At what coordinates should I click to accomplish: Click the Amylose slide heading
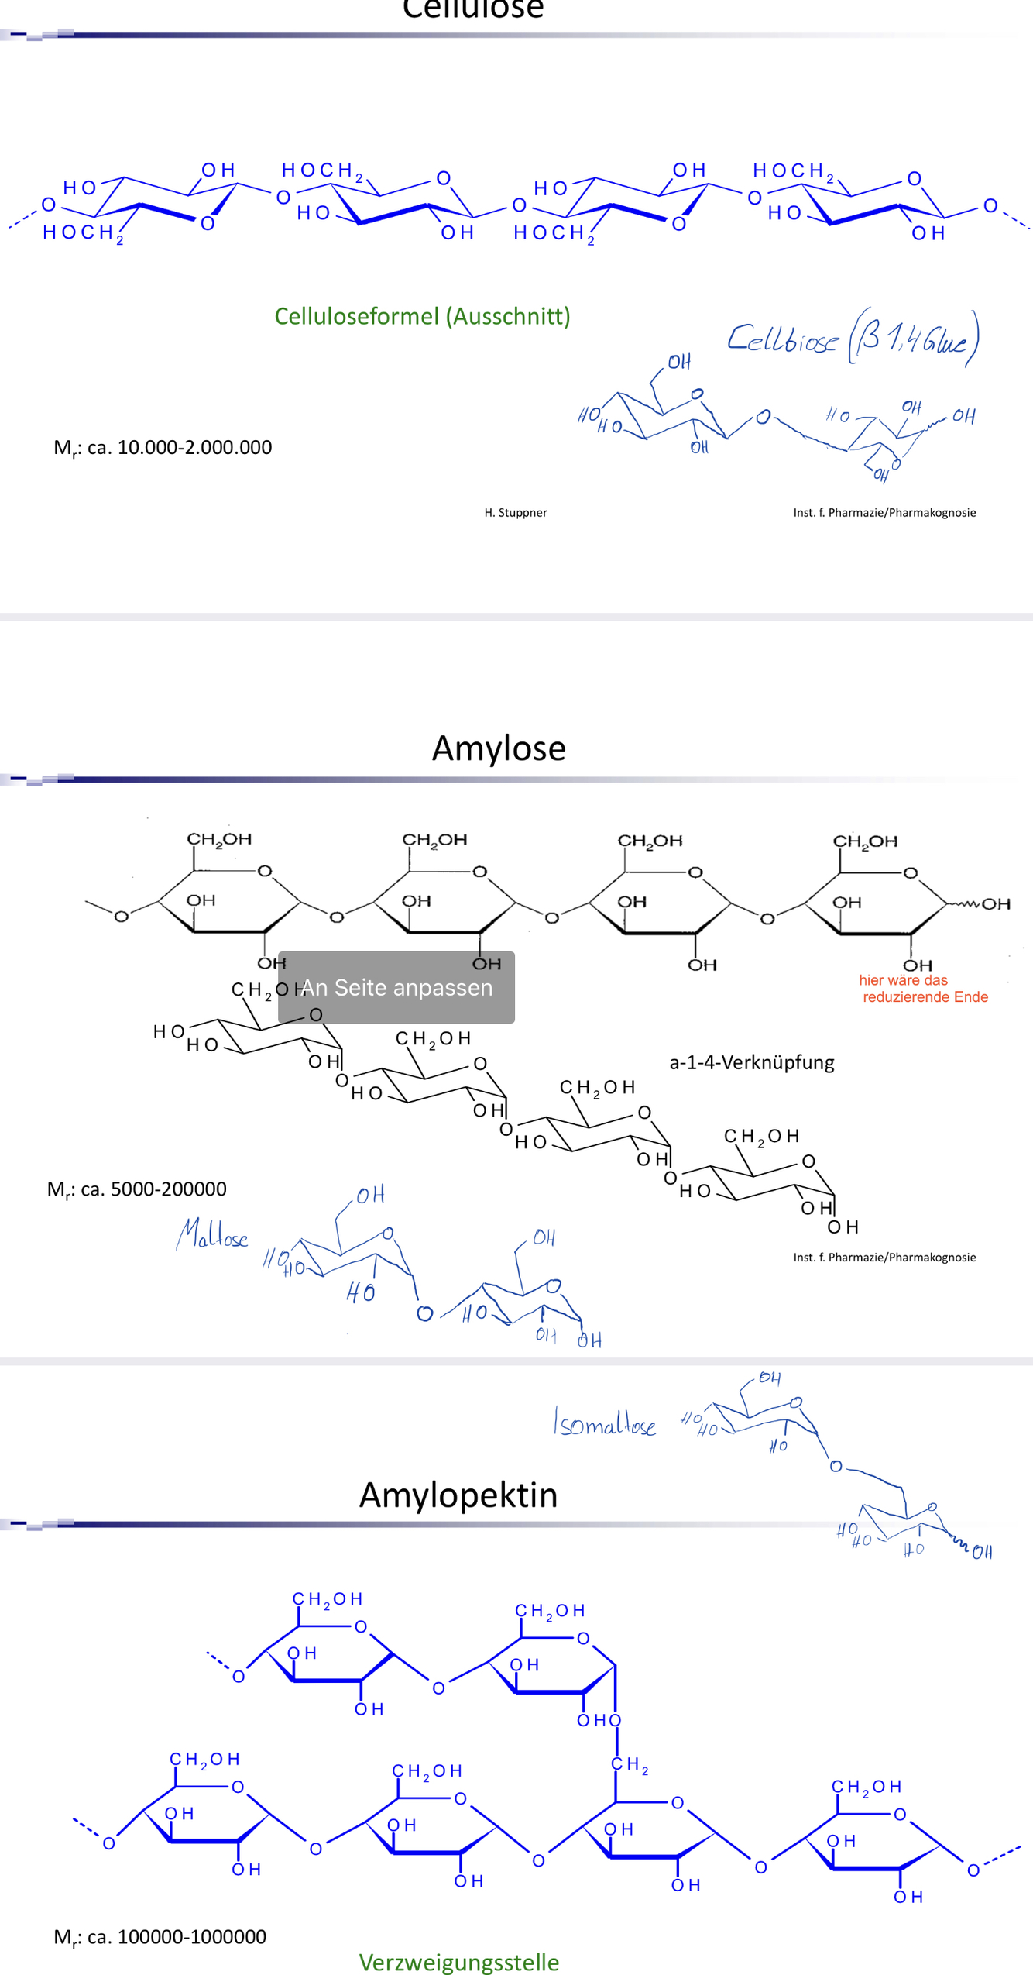tap(499, 748)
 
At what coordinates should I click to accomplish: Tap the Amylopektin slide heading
tap(458, 1495)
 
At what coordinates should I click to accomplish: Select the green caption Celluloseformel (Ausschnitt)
tap(422, 316)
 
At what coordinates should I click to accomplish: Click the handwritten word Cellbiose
tap(782, 339)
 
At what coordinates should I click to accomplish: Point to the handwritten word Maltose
tap(212, 1234)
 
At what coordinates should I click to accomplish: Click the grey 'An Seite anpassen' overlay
tap(396, 987)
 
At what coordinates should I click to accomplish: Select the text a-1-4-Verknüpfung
tap(752, 1062)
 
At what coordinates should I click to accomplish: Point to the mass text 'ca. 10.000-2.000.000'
tap(179, 448)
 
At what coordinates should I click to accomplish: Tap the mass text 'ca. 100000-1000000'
tap(176, 1936)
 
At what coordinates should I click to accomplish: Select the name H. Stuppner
tap(516, 512)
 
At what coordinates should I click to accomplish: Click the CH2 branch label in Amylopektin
tap(630, 1764)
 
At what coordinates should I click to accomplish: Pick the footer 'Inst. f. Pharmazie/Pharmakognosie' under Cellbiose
tap(884, 512)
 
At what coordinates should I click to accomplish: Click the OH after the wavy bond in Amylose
tap(996, 904)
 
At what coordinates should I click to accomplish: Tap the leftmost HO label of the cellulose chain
tap(80, 188)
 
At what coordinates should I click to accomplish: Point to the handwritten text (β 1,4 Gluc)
tap(914, 338)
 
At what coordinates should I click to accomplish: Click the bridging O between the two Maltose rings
tap(424, 1313)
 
